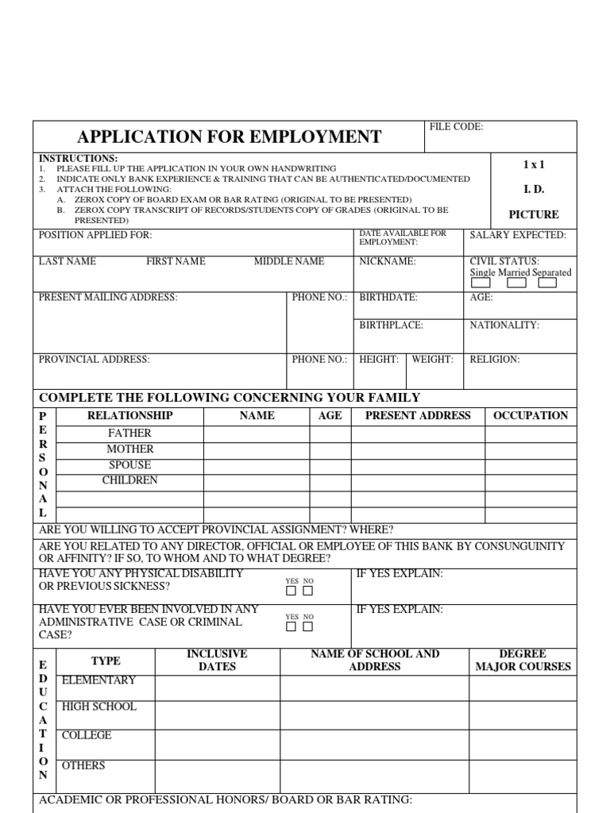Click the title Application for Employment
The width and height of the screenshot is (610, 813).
pos(229,137)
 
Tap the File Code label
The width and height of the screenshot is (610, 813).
pos(456,127)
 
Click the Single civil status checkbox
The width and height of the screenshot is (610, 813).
pos(481,283)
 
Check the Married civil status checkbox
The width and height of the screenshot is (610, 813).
pos(516,283)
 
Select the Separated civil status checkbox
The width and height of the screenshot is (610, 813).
pos(547,283)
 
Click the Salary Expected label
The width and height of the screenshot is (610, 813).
pos(518,235)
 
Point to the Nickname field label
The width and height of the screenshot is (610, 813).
pos(388,261)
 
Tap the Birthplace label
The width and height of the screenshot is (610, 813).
pos(391,325)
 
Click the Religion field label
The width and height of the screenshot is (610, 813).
pos(494,360)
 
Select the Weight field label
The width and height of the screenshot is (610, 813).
pos(432,360)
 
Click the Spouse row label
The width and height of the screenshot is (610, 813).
pos(129,464)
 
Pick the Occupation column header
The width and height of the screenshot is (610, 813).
pos(531,415)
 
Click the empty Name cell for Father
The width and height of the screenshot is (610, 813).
pos(257,433)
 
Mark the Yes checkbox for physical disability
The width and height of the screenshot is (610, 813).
pos(291,591)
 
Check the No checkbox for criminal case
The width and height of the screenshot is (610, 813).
pos(308,626)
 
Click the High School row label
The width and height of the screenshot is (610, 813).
pos(99,707)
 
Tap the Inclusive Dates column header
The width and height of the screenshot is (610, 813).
pos(217,660)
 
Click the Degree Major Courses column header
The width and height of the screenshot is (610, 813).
pos(523,660)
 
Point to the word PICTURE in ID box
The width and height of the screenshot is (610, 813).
pos(534,214)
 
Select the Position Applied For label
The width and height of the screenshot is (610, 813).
pos(95,235)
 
